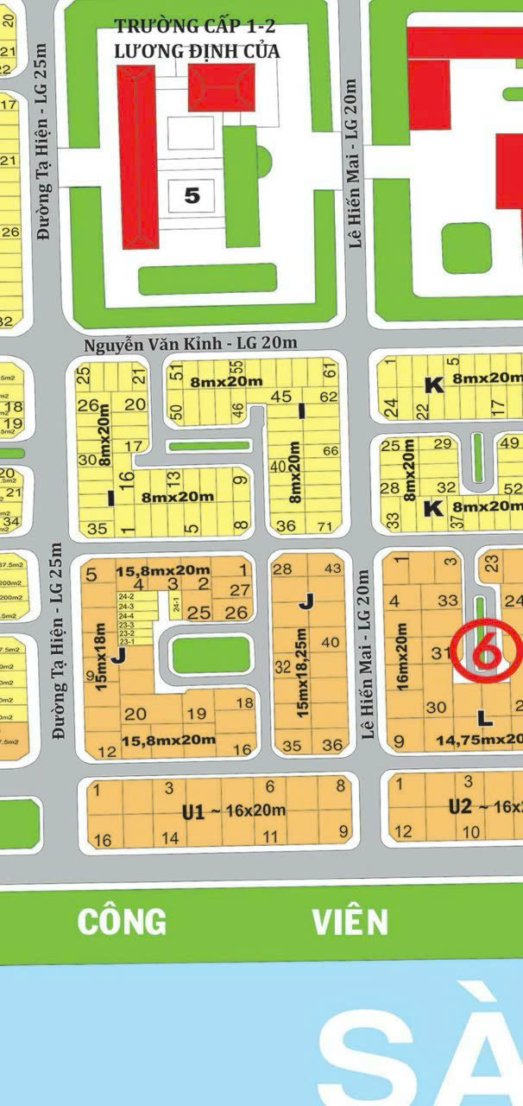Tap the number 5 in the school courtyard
(x=192, y=196)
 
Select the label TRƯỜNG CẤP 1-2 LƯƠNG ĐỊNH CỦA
(x=197, y=41)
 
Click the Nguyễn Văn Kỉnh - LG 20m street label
(x=191, y=343)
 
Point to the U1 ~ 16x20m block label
(x=233, y=811)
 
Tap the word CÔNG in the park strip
(x=122, y=922)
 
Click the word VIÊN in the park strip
(x=350, y=922)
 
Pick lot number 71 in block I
(x=325, y=525)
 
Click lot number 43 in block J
(x=331, y=569)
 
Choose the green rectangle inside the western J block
(x=205, y=655)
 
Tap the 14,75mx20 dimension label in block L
(x=479, y=739)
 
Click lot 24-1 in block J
(x=175, y=607)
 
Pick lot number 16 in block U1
(x=102, y=840)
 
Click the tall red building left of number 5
(x=138, y=157)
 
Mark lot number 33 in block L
(x=448, y=600)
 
